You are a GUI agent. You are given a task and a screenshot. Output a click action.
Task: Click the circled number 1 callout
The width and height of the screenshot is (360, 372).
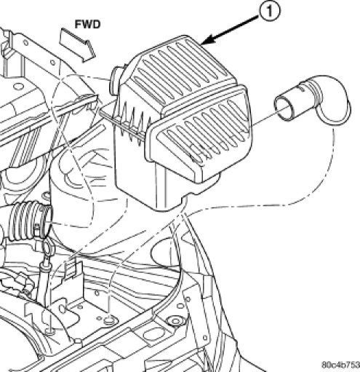click(x=270, y=11)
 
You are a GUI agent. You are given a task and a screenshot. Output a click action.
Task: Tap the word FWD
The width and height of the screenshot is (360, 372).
click(x=87, y=25)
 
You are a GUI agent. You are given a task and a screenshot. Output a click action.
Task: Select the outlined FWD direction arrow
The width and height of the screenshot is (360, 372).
click(x=77, y=45)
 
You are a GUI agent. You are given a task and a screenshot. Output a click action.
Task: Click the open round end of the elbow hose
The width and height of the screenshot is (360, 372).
click(x=283, y=108)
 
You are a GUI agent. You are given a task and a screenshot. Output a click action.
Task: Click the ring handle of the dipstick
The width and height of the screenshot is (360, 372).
click(x=47, y=245)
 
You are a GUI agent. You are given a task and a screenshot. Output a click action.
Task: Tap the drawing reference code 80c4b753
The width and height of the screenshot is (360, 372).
click(x=340, y=365)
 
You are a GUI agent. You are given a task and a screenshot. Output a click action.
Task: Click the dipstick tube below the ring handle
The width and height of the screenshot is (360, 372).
click(x=44, y=279)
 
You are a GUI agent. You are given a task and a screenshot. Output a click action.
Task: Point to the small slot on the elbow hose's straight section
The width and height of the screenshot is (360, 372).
click(x=302, y=89)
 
